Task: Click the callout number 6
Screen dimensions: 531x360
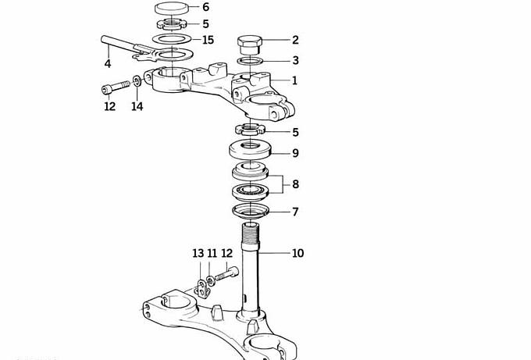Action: pos(206,7)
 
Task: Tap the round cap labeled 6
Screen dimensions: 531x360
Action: pos(171,8)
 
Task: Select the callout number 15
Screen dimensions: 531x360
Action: pos(208,40)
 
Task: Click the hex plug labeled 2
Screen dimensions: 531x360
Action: pos(250,45)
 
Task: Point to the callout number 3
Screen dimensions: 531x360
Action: pos(296,60)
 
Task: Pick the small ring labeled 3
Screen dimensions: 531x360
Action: pos(250,61)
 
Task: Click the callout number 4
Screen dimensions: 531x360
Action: pos(108,63)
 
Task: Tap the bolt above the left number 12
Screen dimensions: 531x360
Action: pos(116,87)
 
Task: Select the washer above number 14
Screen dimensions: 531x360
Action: pos(137,81)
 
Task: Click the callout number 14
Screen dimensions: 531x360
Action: pos(137,106)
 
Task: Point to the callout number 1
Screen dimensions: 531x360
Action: pos(294,80)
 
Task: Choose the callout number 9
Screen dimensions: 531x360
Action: pos(296,153)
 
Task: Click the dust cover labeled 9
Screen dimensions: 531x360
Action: pos(251,150)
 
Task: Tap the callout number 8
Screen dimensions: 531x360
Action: pos(296,184)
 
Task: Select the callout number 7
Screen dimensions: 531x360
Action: pos(295,212)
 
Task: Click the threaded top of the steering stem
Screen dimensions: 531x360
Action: pos(251,233)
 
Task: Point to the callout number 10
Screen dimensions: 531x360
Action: pos(298,253)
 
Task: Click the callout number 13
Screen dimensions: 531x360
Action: pos(198,253)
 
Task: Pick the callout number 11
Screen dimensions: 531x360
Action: pos(212,253)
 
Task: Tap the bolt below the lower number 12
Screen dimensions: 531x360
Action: pos(226,273)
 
